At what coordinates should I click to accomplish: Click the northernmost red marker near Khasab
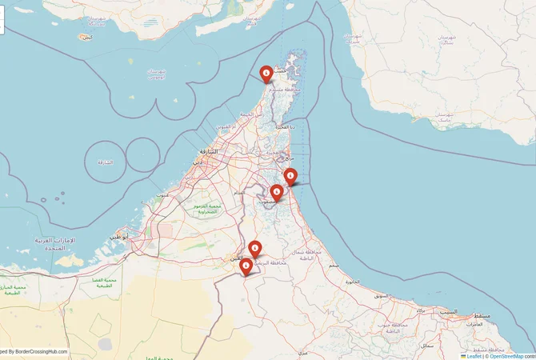coord(266,74)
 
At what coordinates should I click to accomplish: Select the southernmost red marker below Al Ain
coord(246,266)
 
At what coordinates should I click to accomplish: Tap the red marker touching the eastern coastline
coord(290,175)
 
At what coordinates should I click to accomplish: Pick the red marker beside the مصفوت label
coord(276,191)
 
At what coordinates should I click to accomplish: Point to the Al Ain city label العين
coord(235,258)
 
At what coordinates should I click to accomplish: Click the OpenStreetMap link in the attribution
coord(506,356)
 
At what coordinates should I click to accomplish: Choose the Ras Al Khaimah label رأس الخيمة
coord(246,114)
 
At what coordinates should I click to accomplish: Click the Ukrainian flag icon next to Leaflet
coord(463,356)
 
